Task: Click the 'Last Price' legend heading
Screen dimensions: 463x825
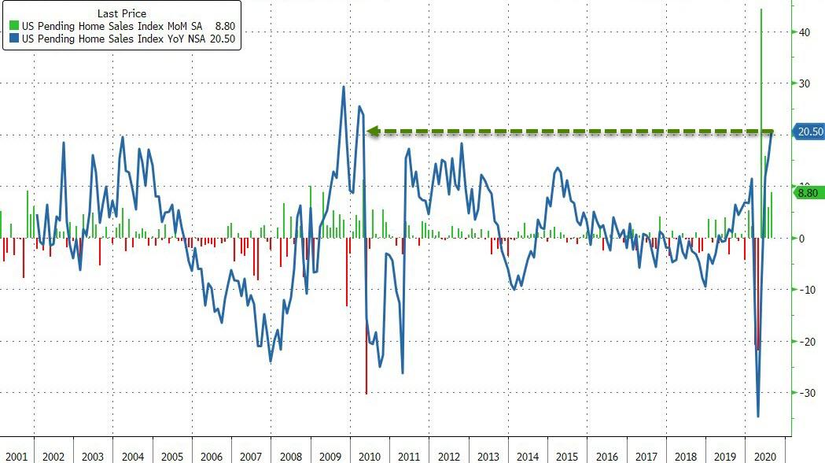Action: click(x=121, y=13)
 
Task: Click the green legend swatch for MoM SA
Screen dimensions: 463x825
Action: click(x=13, y=26)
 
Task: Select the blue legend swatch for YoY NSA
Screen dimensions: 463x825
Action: click(x=13, y=38)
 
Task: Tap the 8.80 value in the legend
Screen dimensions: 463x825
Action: click(x=226, y=26)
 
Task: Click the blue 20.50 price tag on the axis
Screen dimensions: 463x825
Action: click(x=809, y=132)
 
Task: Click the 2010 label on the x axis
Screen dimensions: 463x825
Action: click(x=369, y=456)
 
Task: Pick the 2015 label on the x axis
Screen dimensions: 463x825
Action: click(x=566, y=456)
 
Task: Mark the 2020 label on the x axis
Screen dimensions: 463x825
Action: click(x=764, y=456)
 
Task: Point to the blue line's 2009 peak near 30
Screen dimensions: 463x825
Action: click(x=344, y=87)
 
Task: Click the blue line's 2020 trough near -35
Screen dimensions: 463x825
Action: click(x=758, y=416)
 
